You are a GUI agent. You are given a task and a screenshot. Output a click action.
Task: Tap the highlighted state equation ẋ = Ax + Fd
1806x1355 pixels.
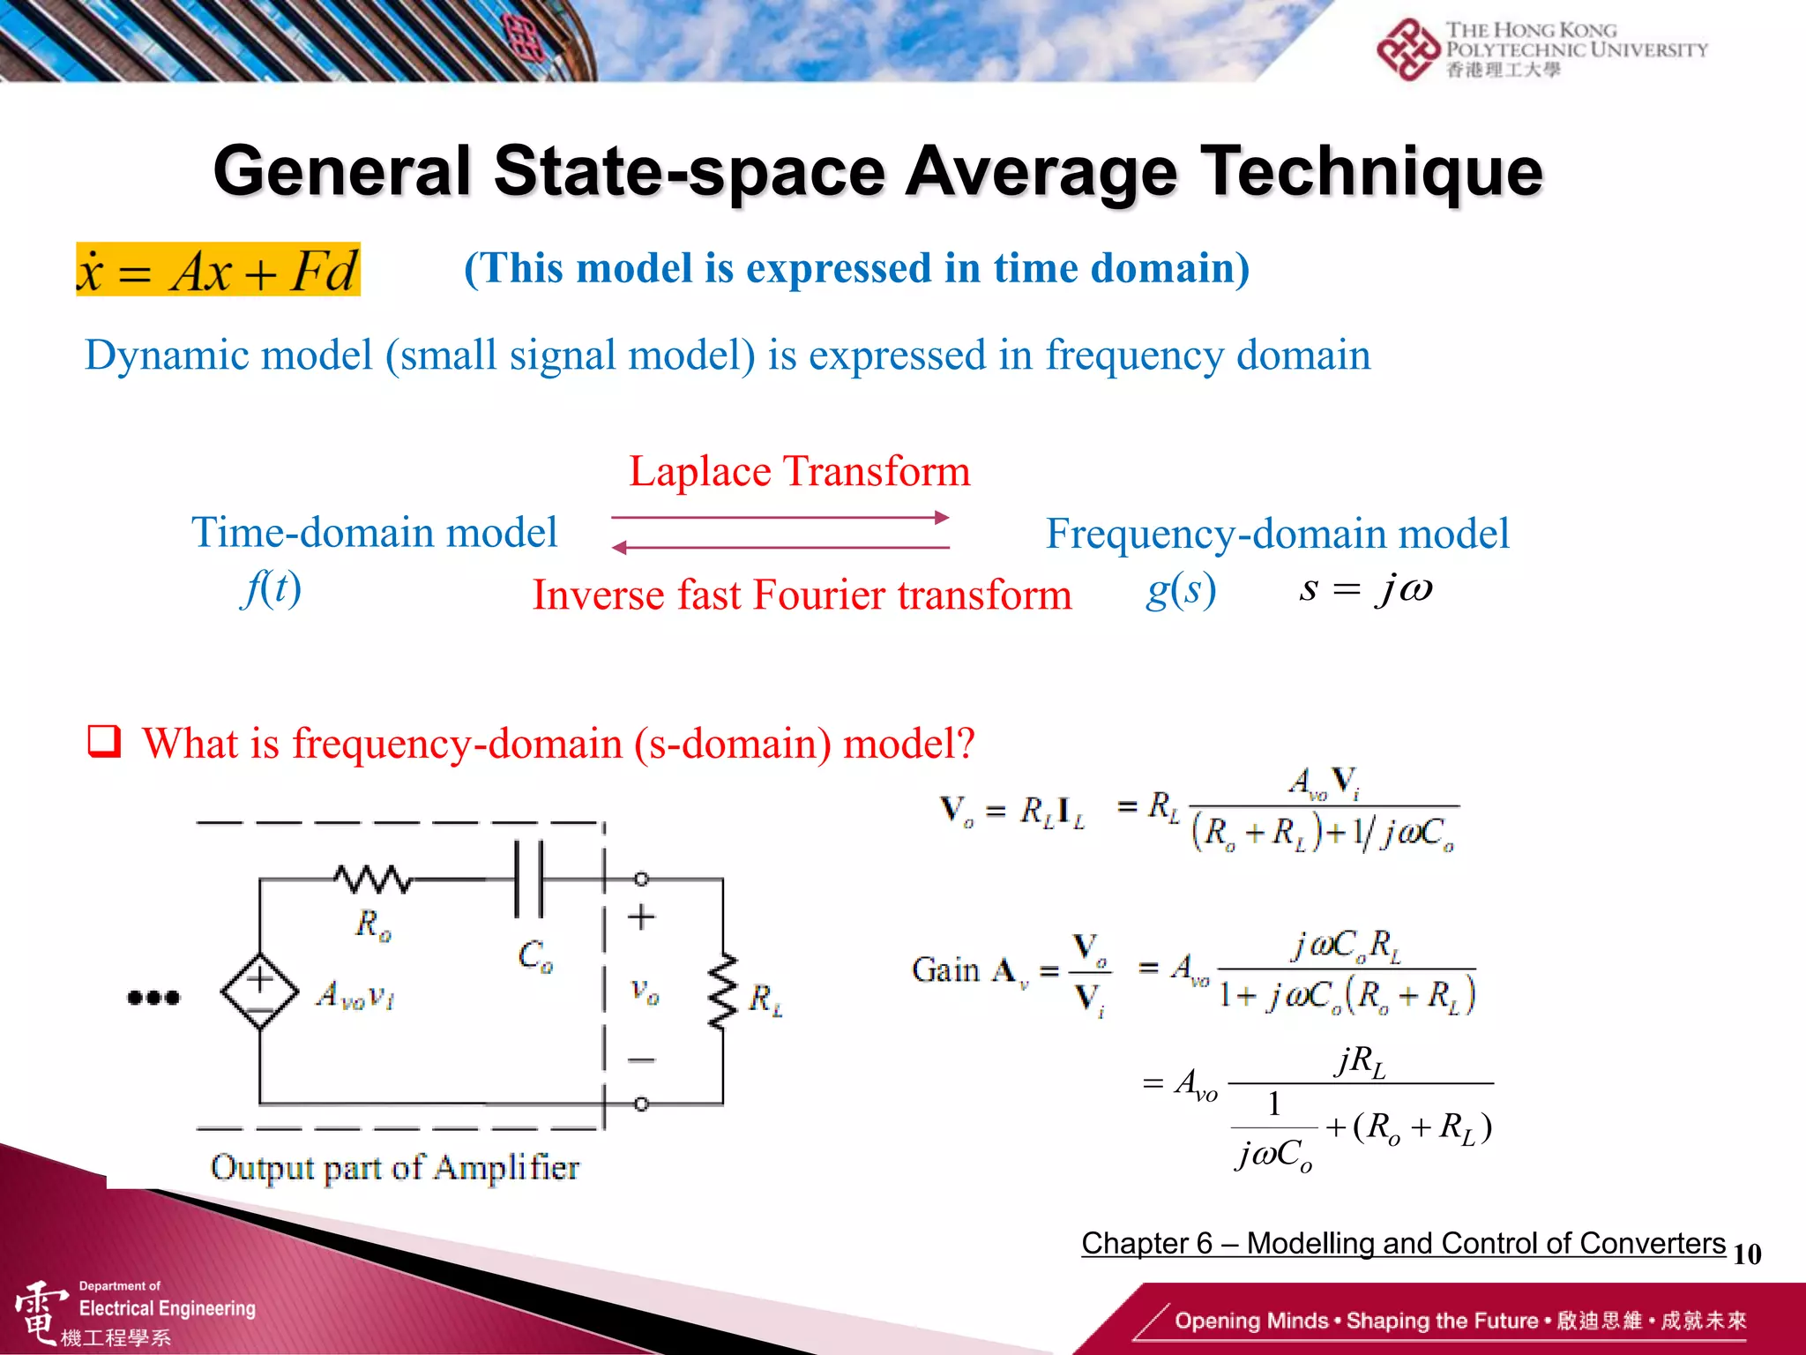pyautogui.click(x=218, y=270)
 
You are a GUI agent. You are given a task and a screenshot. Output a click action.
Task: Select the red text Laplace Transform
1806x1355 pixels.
pyautogui.click(x=799, y=471)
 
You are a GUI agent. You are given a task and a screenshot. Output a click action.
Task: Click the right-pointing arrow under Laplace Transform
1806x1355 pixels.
pyautogui.click(x=780, y=517)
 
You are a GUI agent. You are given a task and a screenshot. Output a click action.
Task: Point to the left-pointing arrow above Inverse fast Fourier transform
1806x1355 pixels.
pyautogui.click(x=780, y=548)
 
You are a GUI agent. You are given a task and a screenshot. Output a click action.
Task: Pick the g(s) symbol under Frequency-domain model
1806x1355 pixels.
pyautogui.click(x=1181, y=589)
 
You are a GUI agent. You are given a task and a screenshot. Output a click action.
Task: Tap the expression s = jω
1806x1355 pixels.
pyautogui.click(x=1365, y=588)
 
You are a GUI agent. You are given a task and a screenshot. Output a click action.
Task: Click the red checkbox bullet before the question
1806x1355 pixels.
pyautogui.click(x=104, y=741)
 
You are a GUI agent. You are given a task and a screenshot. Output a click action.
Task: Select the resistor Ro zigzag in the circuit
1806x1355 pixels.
pyautogui.click(x=373, y=879)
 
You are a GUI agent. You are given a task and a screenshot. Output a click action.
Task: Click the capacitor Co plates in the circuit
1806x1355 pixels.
pyautogui.click(x=529, y=879)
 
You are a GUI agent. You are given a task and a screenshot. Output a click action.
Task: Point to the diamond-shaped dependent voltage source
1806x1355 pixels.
pyautogui.click(x=260, y=991)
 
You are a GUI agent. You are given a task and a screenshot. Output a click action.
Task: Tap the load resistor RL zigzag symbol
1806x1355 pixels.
pyautogui.click(x=723, y=992)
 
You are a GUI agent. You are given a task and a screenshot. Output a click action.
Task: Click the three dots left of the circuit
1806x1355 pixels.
pyautogui.click(x=153, y=998)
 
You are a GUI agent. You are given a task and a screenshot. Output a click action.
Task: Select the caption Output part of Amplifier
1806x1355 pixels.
pyautogui.click(x=395, y=1167)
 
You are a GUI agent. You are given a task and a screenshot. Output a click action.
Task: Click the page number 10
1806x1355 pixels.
pyautogui.click(x=1747, y=1254)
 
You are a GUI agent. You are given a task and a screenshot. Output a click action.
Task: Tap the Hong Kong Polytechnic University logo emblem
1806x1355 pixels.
pyautogui.click(x=1408, y=49)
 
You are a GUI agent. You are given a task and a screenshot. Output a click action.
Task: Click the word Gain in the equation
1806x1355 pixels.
pyautogui.click(x=945, y=969)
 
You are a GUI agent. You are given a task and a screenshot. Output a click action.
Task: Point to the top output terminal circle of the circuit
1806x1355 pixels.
pyautogui.click(x=641, y=879)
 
